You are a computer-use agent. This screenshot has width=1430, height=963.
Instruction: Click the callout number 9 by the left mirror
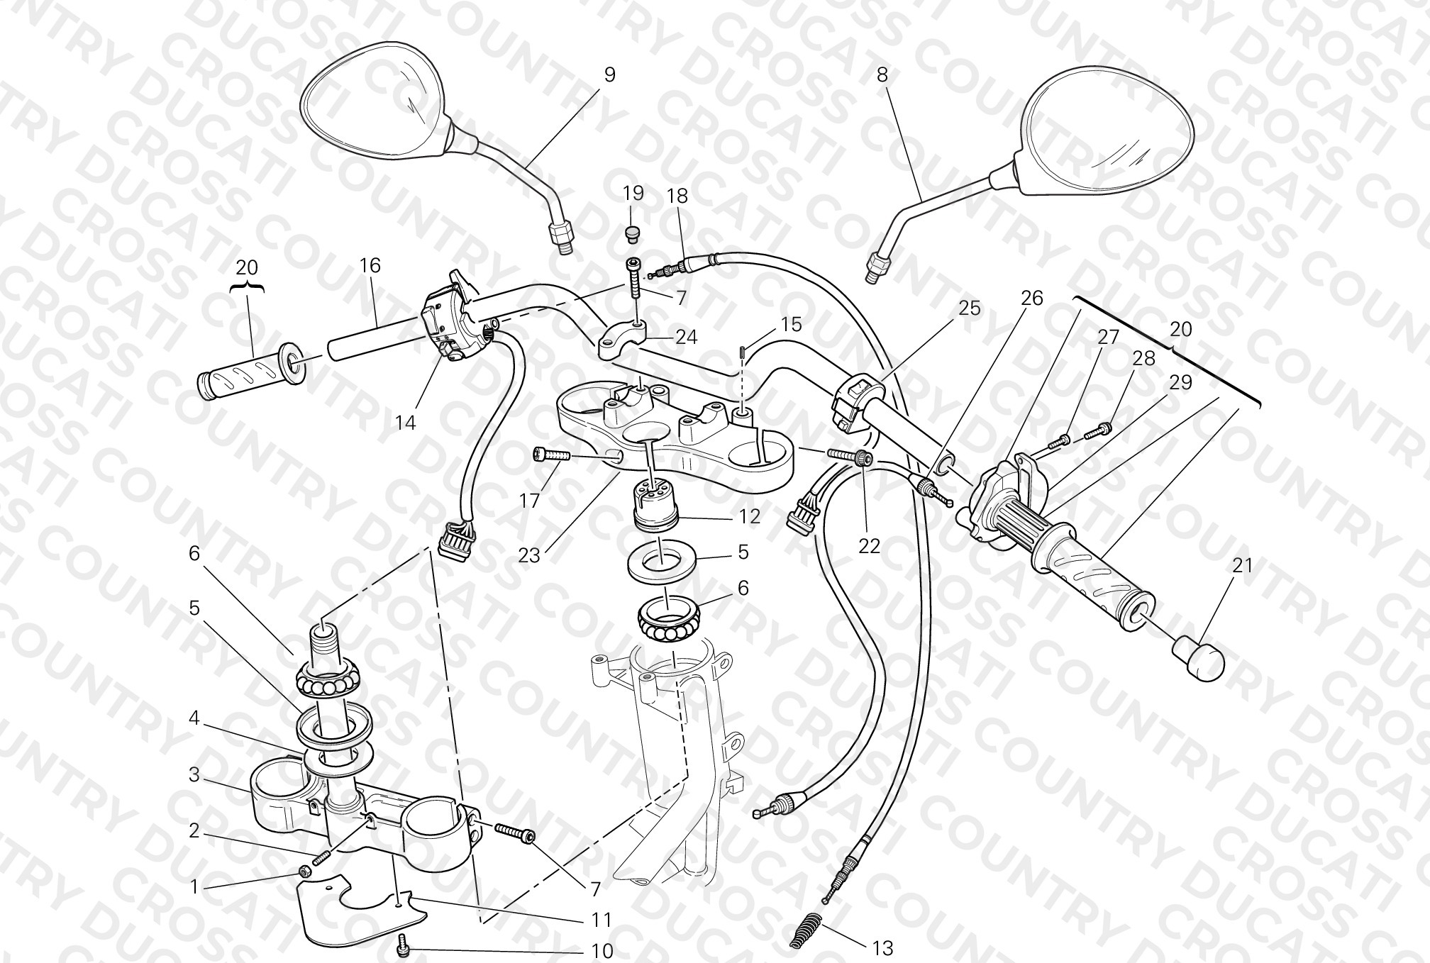(x=609, y=74)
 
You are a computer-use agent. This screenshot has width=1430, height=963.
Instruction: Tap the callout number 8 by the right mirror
(x=882, y=74)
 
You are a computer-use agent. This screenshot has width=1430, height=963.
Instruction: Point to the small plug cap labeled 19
(x=633, y=232)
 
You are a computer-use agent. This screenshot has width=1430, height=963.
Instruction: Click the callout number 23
(x=528, y=555)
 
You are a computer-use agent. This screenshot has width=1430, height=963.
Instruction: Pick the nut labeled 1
(x=305, y=871)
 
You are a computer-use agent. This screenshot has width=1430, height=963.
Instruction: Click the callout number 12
(x=749, y=516)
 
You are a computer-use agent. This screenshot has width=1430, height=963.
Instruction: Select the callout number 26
(x=1031, y=299)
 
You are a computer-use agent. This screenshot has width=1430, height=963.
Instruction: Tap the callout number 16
(x=370, y=266)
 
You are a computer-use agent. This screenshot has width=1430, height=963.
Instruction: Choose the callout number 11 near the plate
(x=602, y=920)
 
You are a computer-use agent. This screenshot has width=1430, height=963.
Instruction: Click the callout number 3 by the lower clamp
(x=194, y=775)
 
